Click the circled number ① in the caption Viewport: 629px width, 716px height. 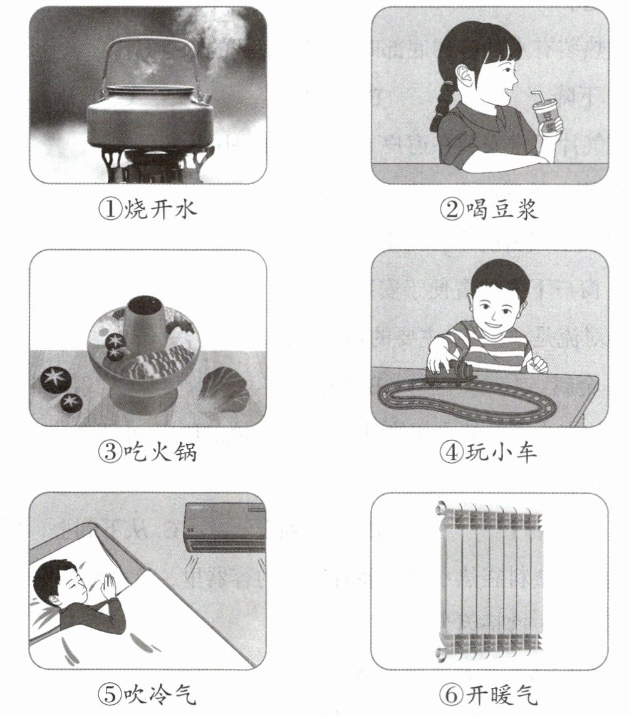110,210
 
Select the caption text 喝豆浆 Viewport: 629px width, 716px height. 502,210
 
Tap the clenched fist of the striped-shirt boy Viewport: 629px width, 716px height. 537,364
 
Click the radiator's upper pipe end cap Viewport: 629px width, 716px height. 441,507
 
